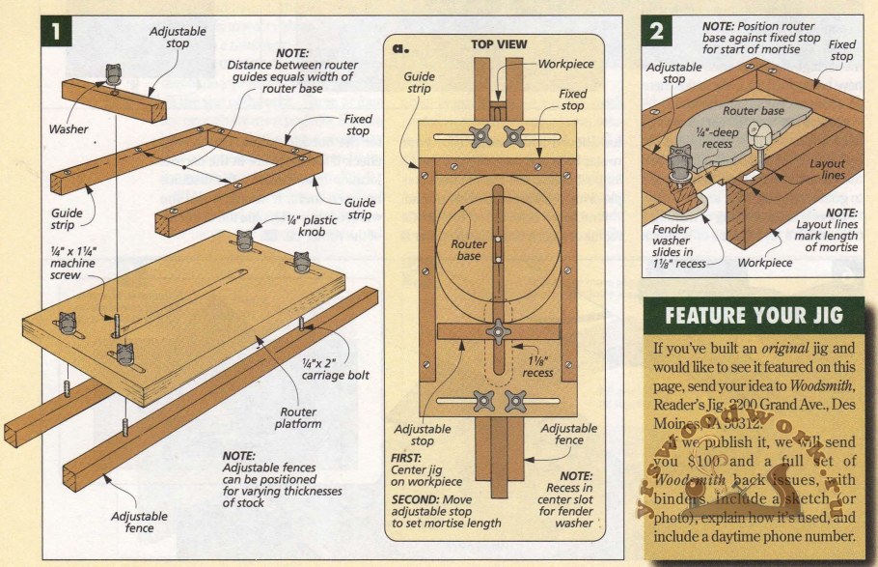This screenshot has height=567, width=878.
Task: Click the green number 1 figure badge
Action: point(55,30)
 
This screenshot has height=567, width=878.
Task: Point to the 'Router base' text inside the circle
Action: point(469,251)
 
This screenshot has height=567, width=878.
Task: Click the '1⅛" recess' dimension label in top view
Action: point(538,364)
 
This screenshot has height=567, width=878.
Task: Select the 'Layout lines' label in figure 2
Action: point(827,170)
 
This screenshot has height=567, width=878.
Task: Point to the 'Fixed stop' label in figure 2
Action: point(841,50)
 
